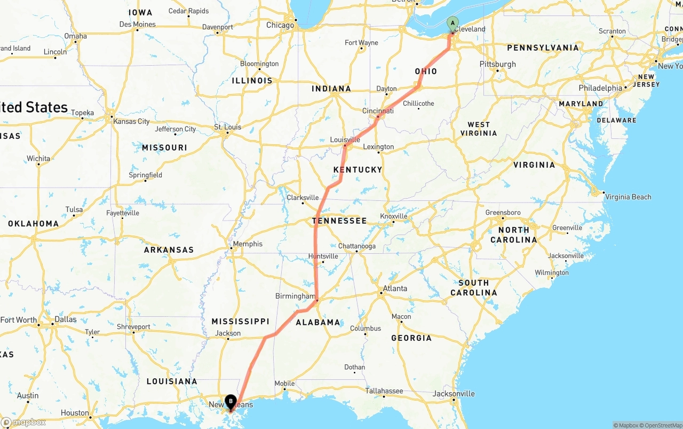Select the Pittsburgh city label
[x=498, y=64]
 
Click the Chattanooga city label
[x=357, y=246]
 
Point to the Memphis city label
[x=248, y=244]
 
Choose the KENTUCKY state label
[x=358, y=170]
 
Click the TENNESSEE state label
[x=339, y=221]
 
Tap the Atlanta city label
[x=395, y=288]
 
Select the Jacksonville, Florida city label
[x=454, y=394]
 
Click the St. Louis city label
[x=228, y=127]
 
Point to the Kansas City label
[x=131, y=121]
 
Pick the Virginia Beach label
[x=628, y=197]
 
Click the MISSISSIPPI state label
[x=240, y=322]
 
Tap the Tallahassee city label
[x=384, y=391]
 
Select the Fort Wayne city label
[x=361, y=43]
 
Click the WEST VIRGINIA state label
[x=479, y=129]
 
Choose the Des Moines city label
[x=138, y=24]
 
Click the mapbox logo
[x=23, y=423]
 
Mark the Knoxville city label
[x=394, y=216]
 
